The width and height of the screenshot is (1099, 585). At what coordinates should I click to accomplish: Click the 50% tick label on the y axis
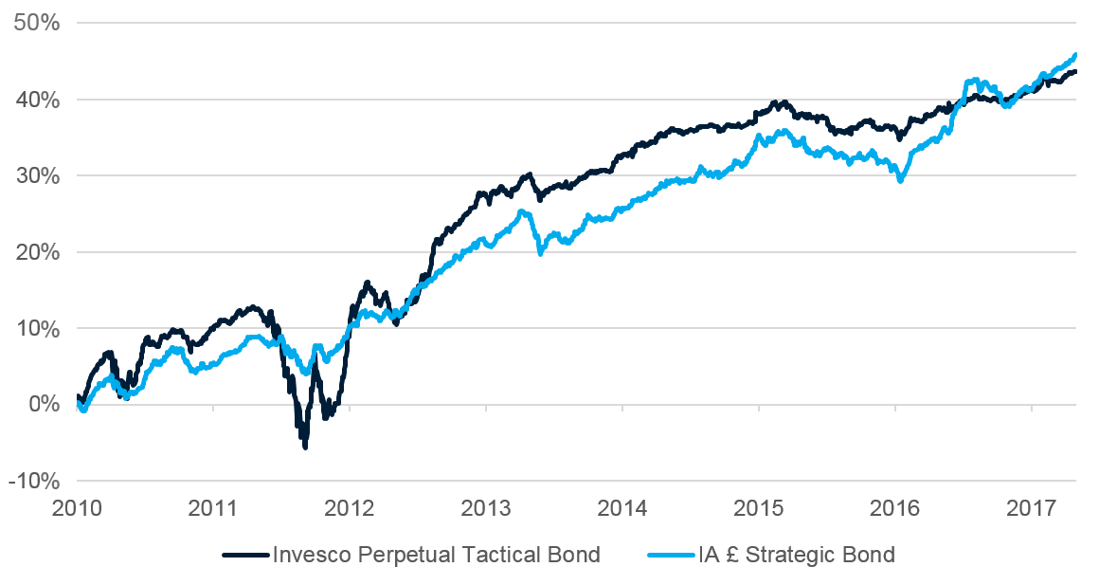click(x=36, y=23)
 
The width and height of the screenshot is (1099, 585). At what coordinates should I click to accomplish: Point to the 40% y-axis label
click(x=36, y=100)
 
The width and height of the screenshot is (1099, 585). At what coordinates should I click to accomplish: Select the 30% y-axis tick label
click(x=36, y=175)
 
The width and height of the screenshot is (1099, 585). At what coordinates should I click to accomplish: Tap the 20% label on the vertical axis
click(x=36, y=252)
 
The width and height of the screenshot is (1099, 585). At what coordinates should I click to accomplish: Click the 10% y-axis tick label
click(x=36, y=328)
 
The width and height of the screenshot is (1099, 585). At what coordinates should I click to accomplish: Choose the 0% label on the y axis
click(x=43, y=405)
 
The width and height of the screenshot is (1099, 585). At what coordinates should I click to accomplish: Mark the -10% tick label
click(x=32, y=481)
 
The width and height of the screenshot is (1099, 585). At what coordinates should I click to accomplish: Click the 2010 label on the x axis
click(x=77, y=508)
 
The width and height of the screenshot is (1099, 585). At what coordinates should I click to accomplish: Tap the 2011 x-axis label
click(x=213, y=508)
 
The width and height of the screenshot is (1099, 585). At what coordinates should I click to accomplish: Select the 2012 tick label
click(x=350, y=508)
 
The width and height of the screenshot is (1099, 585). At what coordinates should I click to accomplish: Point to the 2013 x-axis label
click(x=486, y=508)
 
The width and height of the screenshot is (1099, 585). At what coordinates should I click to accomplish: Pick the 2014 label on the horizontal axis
click(x=622, y=508)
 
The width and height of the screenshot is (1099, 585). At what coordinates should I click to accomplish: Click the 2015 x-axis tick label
click(x=759, y=508)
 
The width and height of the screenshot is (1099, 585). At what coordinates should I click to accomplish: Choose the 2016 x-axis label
click(x=895, y=508)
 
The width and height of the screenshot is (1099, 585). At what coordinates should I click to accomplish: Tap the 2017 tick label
click(x=1032, y=508)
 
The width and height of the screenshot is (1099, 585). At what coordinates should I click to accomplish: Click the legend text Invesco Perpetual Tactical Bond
click(x=436, y=555)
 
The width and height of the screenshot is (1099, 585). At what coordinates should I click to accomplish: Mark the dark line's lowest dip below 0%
click(x=304, y=446)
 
